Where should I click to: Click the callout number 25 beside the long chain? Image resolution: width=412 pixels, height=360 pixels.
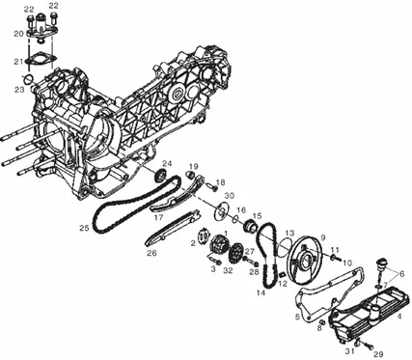pyautogui.click(x=84, y=228)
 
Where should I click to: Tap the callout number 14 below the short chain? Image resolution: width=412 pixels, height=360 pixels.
pyautogui.click(x=261, y=293)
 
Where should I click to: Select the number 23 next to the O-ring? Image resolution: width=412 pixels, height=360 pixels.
pyautogui.click(x=19, y=90)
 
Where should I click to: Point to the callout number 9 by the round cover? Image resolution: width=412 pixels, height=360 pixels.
pyautogui.click(x=323, y=237)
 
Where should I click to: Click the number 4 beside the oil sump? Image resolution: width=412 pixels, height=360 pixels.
pyautogui.click(x=399, y=317)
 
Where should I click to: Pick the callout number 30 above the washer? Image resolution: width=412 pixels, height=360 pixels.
pyautogui.click(x=230, y=196)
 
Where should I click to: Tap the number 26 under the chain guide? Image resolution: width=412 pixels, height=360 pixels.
pyautogui.click(x=151, y=253)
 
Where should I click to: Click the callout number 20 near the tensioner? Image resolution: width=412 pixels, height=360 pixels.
pyautogui.click(x=18, y=34)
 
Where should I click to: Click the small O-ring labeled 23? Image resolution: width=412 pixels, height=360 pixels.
pyautogui.click(x=29, y=77)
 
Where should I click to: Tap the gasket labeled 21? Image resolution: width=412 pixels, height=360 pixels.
pyautogui.click(x=41, y=59)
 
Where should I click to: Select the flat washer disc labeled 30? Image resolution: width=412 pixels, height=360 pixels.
pyautogui.click(x=221, y=210)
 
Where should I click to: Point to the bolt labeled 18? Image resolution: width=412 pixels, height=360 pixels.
pyautogui.click(x=211, y=186)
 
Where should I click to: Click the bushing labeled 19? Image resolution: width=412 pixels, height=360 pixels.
pyautogui.click(x=191, y=175)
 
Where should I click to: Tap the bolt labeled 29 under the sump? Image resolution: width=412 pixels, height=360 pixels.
pyautogui.click(x=368, y=346)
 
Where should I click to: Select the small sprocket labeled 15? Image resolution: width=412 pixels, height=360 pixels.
pyautogui.click(x=250, y=225)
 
